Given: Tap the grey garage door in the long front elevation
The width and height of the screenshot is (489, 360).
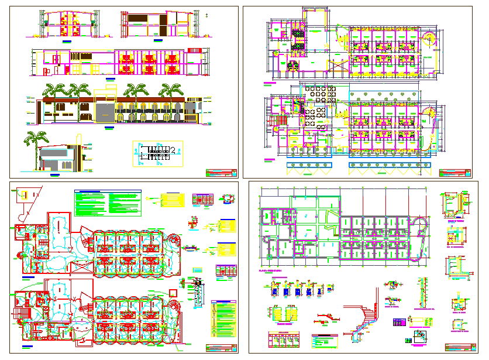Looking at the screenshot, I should click(x=105, y=114).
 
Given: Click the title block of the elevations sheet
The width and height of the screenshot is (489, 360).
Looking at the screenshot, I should click(x=222, y=173).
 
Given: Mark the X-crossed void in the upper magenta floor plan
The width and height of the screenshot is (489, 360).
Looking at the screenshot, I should click(x=338, y=65).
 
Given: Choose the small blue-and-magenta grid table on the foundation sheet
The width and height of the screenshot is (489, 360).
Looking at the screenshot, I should click(x=400, y=323).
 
